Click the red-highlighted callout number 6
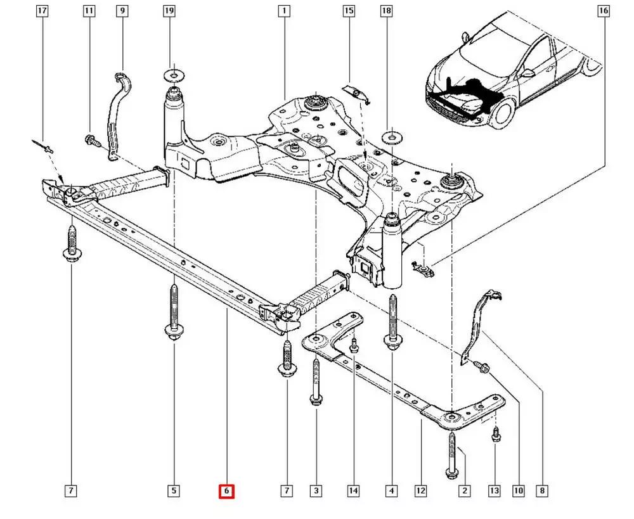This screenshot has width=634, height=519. [226, 491]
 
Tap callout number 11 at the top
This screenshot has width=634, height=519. [89, 11]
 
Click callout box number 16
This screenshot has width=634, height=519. [603, 11]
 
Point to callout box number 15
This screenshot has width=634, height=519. [349, 11]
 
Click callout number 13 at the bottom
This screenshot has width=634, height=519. [495, 490]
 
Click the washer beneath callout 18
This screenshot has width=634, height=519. [389, 136]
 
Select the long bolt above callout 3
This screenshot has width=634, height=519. [316, 380]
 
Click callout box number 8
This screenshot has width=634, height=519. [543, 490]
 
